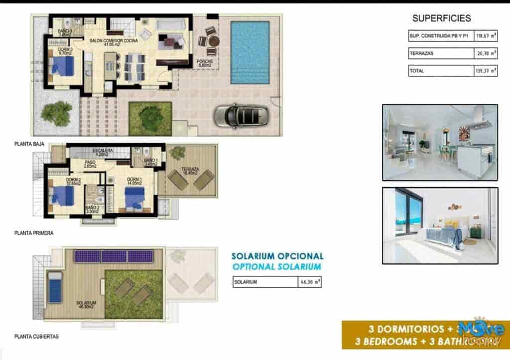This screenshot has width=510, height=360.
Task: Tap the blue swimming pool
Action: pyautogui.click(x=250, y=52)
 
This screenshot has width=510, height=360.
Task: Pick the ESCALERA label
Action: pyautogui.click(x=103, y=151)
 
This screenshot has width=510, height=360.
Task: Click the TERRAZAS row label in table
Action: pyautogui.click(x=419, y=53)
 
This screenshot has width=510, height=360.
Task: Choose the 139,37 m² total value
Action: pyautogui.click(x=486, y=71)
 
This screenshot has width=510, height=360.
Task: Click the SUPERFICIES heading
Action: pyautogui.click(x=441, y=19)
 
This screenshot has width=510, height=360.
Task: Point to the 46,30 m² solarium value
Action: pyautogui.click(x=309, y=282)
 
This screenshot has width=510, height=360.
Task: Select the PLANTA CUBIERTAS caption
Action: pyautogui.click(x=36, y=336)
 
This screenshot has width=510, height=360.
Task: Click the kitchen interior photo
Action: pyautogui.click(x=439, y=142)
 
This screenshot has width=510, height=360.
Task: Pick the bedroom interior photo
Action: pyautogui.click(x=439, y=225)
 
